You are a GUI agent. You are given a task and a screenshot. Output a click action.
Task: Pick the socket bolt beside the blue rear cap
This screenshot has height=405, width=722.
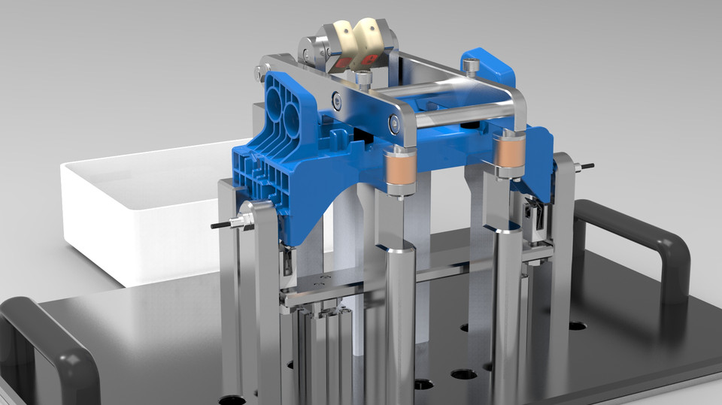471,67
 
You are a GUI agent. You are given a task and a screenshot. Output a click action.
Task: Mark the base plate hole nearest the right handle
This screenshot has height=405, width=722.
577,326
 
